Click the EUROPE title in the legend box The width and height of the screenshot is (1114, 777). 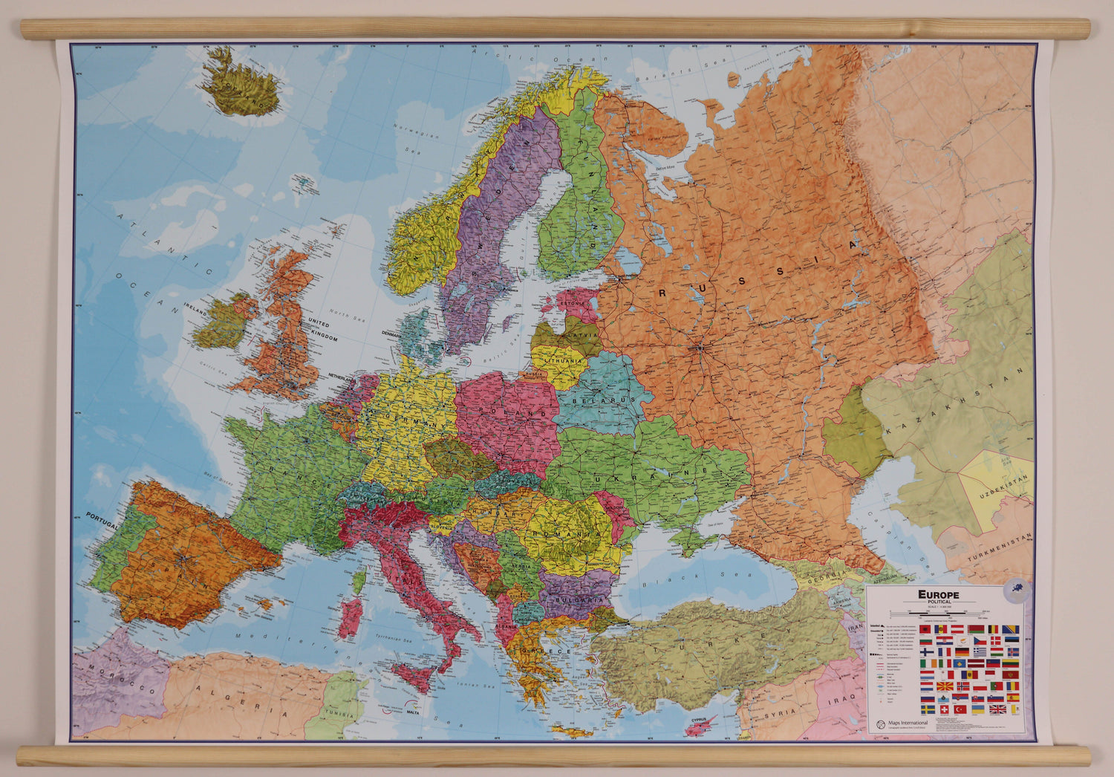click(938, 594)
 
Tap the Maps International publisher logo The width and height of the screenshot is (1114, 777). click(881, 724)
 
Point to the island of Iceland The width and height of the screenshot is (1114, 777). click(242, 82)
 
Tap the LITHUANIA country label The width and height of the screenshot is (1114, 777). click(564, 361)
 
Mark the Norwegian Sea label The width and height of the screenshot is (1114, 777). click(417, 135)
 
